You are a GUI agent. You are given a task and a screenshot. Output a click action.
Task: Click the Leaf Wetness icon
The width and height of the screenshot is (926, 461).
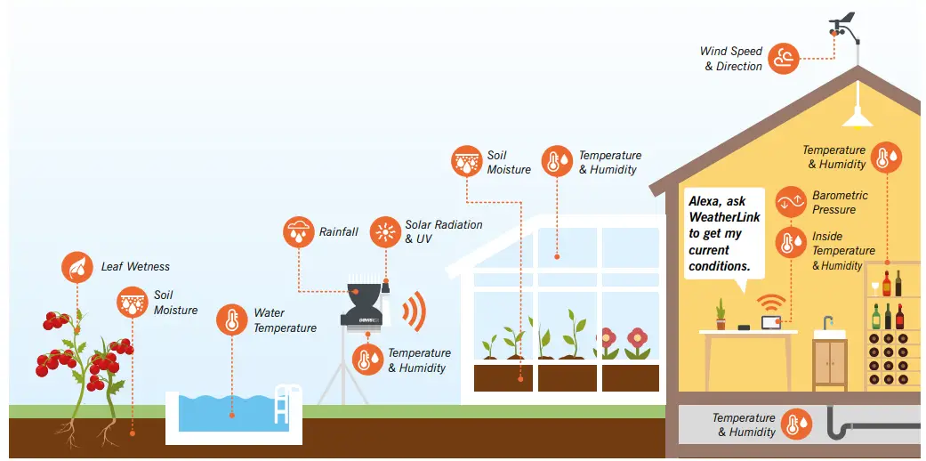pyautogui.click(x=77, y=267)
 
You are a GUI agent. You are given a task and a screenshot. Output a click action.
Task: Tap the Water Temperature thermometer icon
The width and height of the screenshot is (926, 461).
pyautogui.click(x=232, y=320)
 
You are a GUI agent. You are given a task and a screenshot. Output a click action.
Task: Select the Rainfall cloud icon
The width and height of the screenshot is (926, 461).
pyautogui.click(x=298, y=232)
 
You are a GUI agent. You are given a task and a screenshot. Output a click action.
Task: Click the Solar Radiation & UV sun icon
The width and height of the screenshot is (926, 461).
pyautogui.click(x=385, y=232)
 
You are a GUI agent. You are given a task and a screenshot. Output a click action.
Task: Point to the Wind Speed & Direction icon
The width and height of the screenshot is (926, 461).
pyautogui.click(x=784, y=59)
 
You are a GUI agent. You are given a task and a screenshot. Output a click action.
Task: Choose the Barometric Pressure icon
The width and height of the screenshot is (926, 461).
pyautogui.click(x=790, y=202)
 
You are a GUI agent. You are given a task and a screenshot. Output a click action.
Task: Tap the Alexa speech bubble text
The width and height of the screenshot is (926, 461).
pyautogui.click(x=726, y=234)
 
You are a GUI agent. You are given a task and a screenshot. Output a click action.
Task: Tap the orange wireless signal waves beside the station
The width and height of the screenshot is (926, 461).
pyautogui.click(x=414, y=311)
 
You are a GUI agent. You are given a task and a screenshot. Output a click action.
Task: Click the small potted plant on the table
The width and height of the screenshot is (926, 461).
pyautogui.click(x=721, y=313)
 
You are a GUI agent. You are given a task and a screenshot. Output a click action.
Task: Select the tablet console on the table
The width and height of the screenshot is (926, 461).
pyautogui.click(x=770, y=321)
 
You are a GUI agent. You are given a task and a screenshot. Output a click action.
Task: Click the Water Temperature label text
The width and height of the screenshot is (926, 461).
pyautogui.click(x=285, y=320)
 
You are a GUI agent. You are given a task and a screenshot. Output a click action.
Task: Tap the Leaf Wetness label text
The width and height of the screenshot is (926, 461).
pyautogui.click(x=135, y=266)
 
